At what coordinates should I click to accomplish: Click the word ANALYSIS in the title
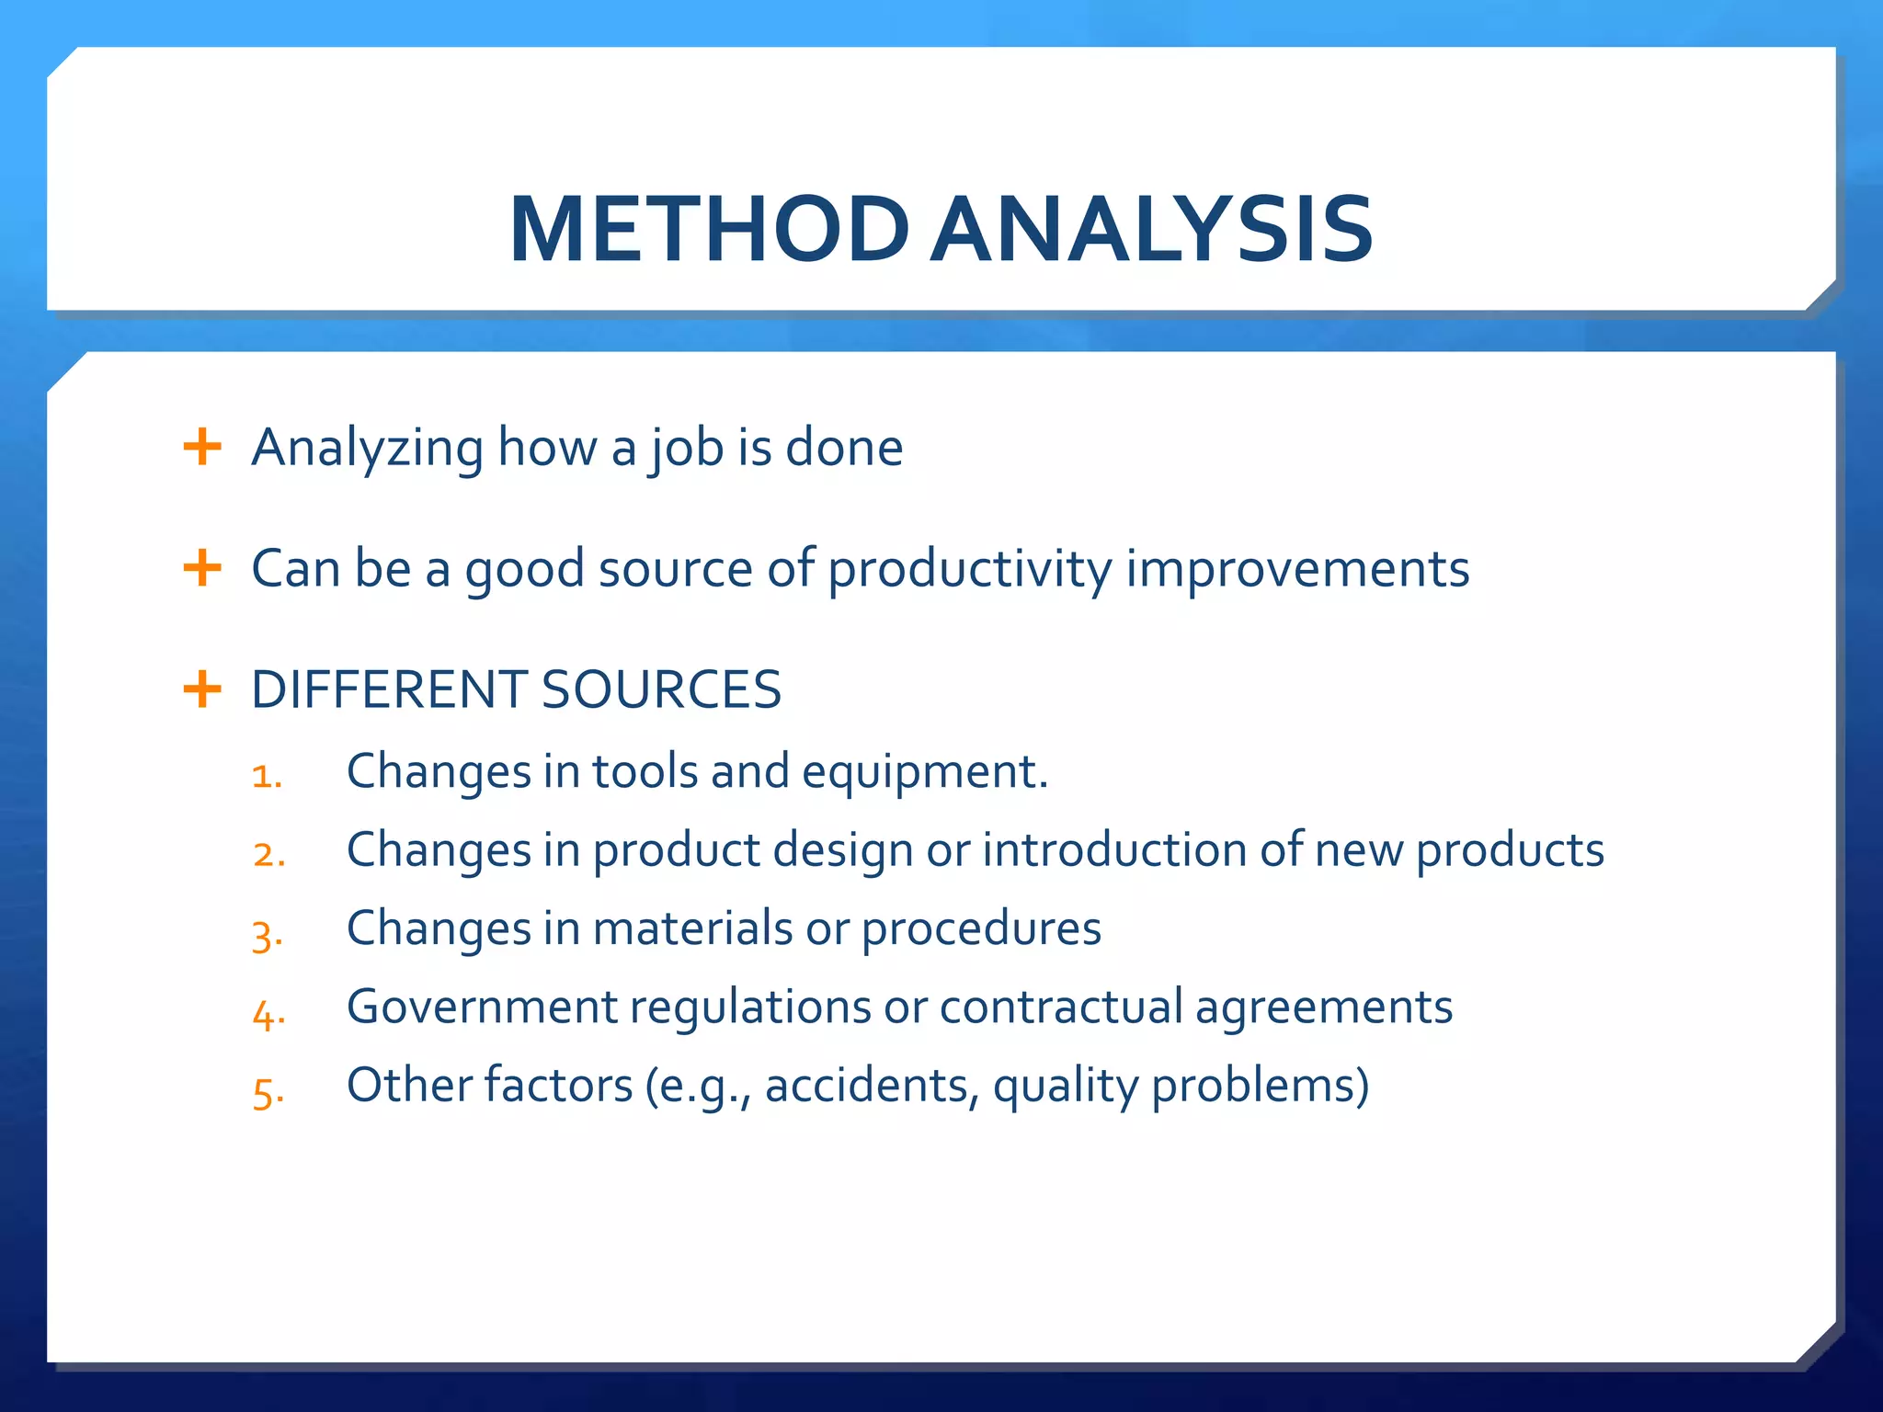[1153, 230]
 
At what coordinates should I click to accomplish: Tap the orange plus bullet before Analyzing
[202, 448]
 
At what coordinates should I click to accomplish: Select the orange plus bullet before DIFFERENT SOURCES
[202, 689]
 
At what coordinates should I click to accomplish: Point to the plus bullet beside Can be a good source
[202, 568]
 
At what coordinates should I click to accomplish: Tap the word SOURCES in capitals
[661, 689]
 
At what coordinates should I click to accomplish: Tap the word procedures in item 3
[981, 928]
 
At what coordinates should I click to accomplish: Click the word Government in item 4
[482, 1007]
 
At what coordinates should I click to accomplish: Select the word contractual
[1061, 1007]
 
